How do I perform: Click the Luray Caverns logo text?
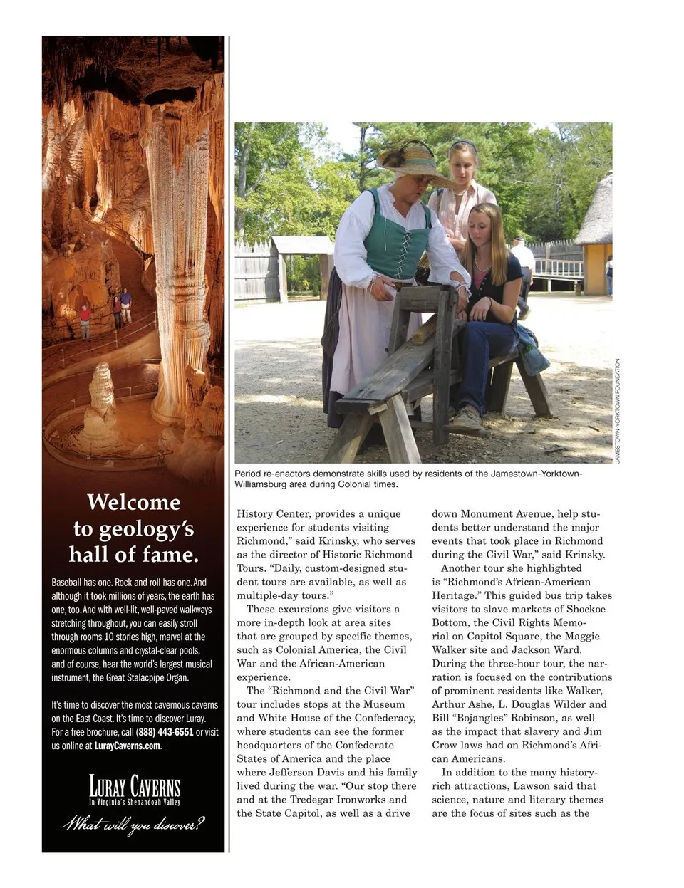pyautogui.click(x=134, y=787)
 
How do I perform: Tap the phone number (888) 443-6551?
pyautogui.click(x=165, y=732)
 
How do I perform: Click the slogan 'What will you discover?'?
pyautogui.click(x=134, y=825)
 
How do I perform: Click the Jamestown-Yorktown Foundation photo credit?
pyautogui.click(x=618, y=411)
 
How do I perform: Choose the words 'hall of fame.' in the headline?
pyautogui.click(x=134, y=554)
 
